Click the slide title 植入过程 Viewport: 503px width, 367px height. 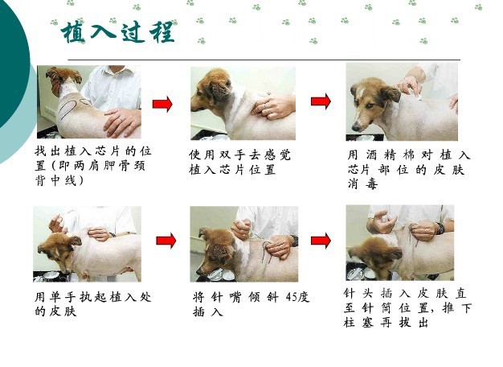pyautogui.click(x=118, y=32)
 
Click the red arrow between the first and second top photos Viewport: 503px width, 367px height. pyautogui.click(x=162, y=104)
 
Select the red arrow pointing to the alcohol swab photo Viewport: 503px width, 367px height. pyautogui.click(x=321, y=101)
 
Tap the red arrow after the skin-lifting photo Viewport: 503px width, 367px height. pyautogui.click(x=166, y=241)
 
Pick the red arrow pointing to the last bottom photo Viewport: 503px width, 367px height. pyautogui.click(x=321, y=241)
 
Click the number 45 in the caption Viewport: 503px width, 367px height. pyautogui.click(x=292, y=297)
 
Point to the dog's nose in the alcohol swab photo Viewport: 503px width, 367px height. pyautogui.click(x=355, y=128)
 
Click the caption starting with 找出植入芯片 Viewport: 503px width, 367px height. pyautogui.click(x=92, y=166)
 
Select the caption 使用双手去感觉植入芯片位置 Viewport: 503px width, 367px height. pyautogui.click(x=239, y=162)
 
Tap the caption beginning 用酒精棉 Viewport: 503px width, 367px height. pyautogui.click(x=409, y=169)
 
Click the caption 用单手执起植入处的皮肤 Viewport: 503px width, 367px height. pyautogui.click(x=92, y=304)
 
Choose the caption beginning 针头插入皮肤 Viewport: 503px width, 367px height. pyautogui.click(x=407, y=308)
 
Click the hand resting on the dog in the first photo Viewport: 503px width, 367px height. pyautogui.click(x=123, y=122)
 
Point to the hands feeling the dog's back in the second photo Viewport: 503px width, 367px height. pyautogui.click(x=272, y=106)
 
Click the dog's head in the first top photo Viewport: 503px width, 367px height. pyautogui.click(x=63, y=79)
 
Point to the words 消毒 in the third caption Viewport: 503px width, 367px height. pyautogui.click(x=363, y=183)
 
